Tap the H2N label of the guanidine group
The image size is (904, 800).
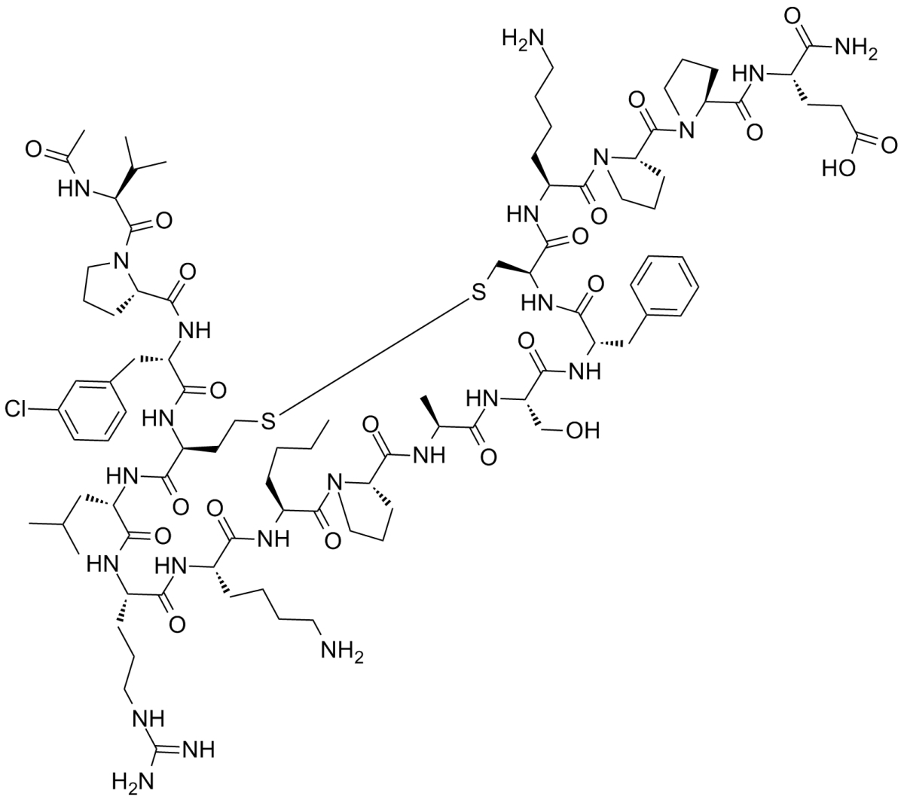[127, 780]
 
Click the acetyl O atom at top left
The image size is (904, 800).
[35, 148]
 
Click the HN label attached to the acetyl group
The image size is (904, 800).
[69, 192]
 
